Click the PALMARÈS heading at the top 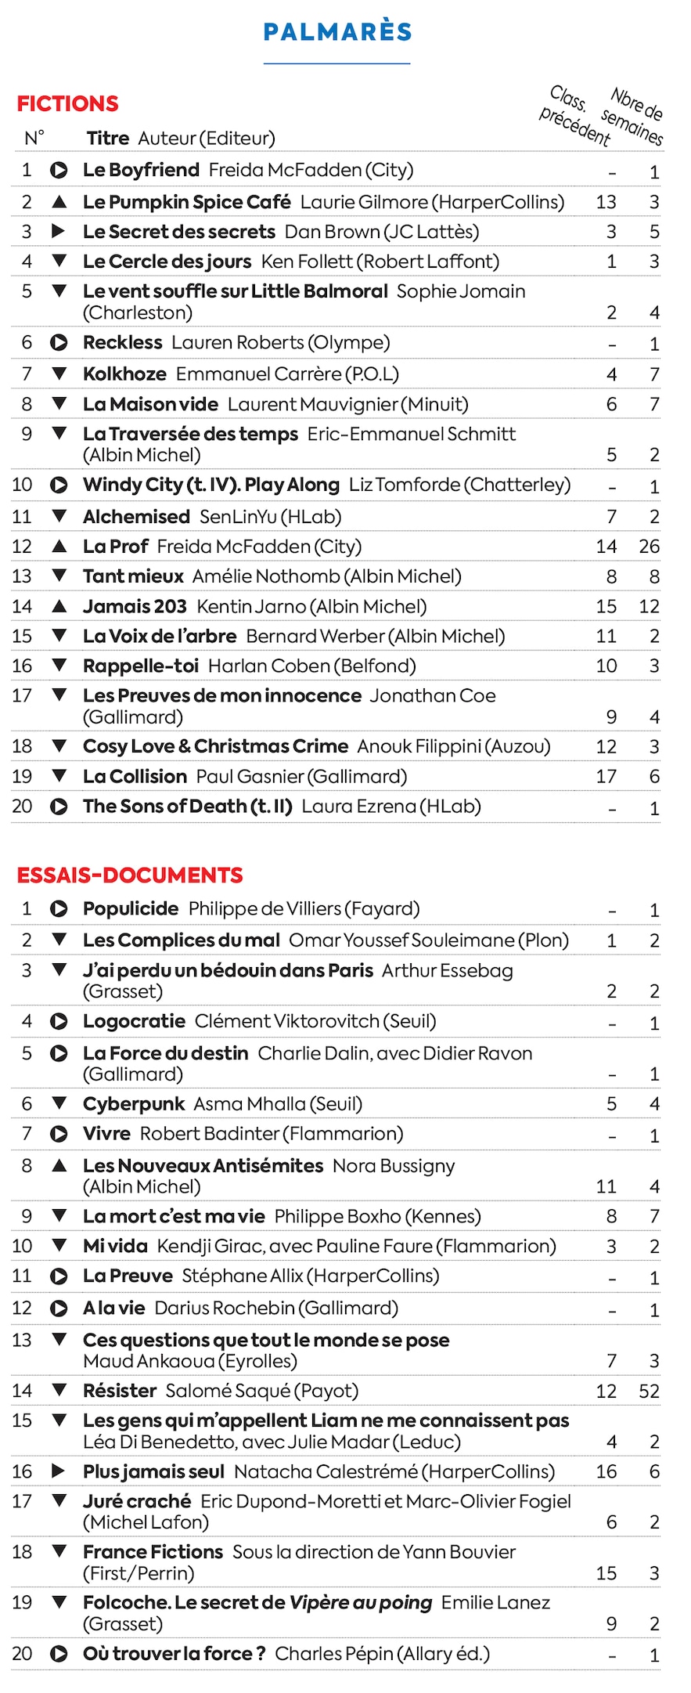(x=337, y=32)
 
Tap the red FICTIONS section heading (x=68, y=103)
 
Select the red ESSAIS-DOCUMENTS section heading (x=130, y=875)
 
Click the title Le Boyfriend (x=141, y=170)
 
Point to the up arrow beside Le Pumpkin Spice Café (x=59, y=202)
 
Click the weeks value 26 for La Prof (x=649, y=547)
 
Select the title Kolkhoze (x=124, y=374)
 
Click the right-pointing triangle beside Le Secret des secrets (x=59, y=232)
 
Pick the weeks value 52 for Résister (x=649, y=1391)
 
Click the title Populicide (x=131, y=909)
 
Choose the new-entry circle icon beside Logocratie (x=59, y=1021)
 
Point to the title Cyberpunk (x=134, y=1104)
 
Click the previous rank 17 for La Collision (x=606, y=777)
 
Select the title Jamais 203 (x=135, y=607)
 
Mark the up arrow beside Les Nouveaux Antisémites (x=59, y=1166)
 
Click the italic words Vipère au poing (x=360, y=1603)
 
